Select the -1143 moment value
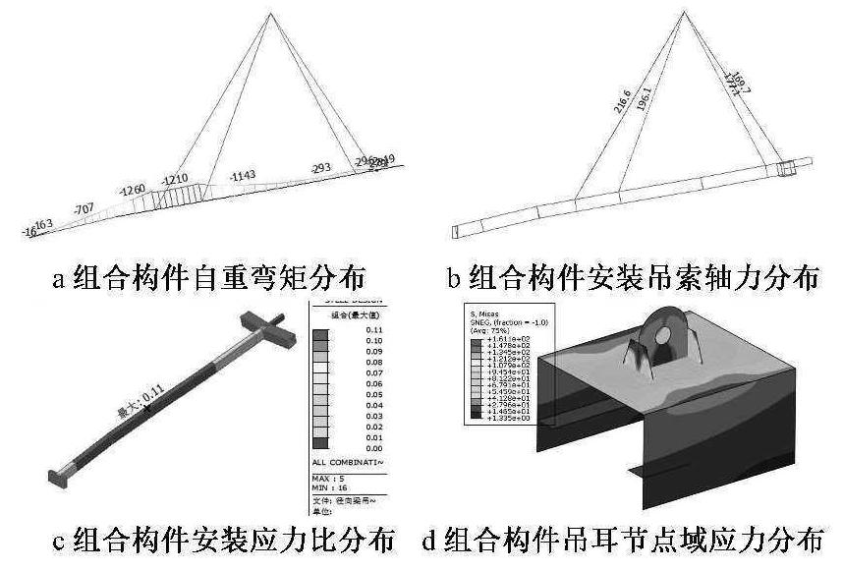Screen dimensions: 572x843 (242, 176)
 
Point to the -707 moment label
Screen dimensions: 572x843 (84, 207)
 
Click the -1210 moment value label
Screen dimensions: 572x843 (175, 180)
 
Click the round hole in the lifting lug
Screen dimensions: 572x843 (663, 336)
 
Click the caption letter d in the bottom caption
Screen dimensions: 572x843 (429, 542)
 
